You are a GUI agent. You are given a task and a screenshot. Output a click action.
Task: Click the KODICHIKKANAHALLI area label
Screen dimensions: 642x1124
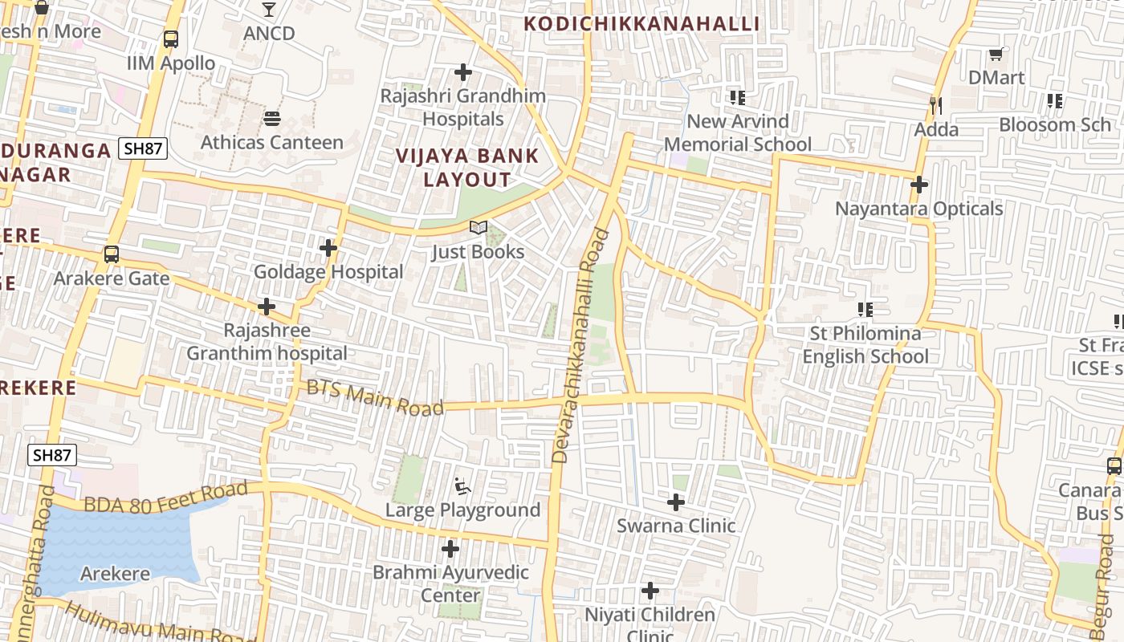click(x=641, y=23)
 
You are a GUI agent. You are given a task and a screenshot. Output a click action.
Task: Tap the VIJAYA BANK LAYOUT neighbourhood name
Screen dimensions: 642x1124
click(x=467, y=167)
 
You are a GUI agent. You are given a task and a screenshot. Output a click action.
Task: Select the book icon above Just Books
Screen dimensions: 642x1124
click(x=479, y=228)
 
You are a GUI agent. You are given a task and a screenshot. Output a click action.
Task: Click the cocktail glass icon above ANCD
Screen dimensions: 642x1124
click(x=269, y=10)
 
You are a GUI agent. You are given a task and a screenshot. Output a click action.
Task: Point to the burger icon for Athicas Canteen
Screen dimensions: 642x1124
click(x=271, y=119)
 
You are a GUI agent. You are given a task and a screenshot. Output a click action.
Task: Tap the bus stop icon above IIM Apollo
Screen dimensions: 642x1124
click(x=170, y=39)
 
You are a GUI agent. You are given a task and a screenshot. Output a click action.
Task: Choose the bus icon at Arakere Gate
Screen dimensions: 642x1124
click(x=112, y=254)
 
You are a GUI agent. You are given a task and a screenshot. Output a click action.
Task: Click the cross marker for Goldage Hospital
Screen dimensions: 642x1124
click(x=328, y=249)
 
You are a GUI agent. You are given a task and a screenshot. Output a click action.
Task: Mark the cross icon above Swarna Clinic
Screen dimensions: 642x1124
click(x=676, y=502)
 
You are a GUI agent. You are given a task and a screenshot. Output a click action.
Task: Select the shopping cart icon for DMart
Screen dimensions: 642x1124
click(x=996, y=54)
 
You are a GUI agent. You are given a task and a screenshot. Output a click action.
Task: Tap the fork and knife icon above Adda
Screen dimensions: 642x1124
click(x=935, y=105)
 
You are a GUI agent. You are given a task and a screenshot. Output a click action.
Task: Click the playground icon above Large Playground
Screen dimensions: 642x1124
click(x=462, y=486)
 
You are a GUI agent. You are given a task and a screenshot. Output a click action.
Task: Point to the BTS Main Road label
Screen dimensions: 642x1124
click(x=375, y=397)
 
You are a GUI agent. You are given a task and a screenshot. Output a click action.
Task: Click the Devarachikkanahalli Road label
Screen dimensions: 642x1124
click(x=581, y=347)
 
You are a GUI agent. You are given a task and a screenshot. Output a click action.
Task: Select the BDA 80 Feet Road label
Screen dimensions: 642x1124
click(x=165, y=497)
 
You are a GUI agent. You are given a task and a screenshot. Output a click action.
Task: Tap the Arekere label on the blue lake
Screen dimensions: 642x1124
click(x=115, y=574)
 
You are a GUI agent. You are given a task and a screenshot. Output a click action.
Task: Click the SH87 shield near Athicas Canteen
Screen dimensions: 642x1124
click(x=143, y=148)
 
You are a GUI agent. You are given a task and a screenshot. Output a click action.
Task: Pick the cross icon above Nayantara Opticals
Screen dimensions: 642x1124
click(x=919, y=185)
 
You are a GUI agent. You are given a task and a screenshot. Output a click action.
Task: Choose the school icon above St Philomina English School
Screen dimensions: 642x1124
click(x=865, y=309)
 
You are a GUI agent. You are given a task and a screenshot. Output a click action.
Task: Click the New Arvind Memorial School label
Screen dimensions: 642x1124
click(x=738, y=132)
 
